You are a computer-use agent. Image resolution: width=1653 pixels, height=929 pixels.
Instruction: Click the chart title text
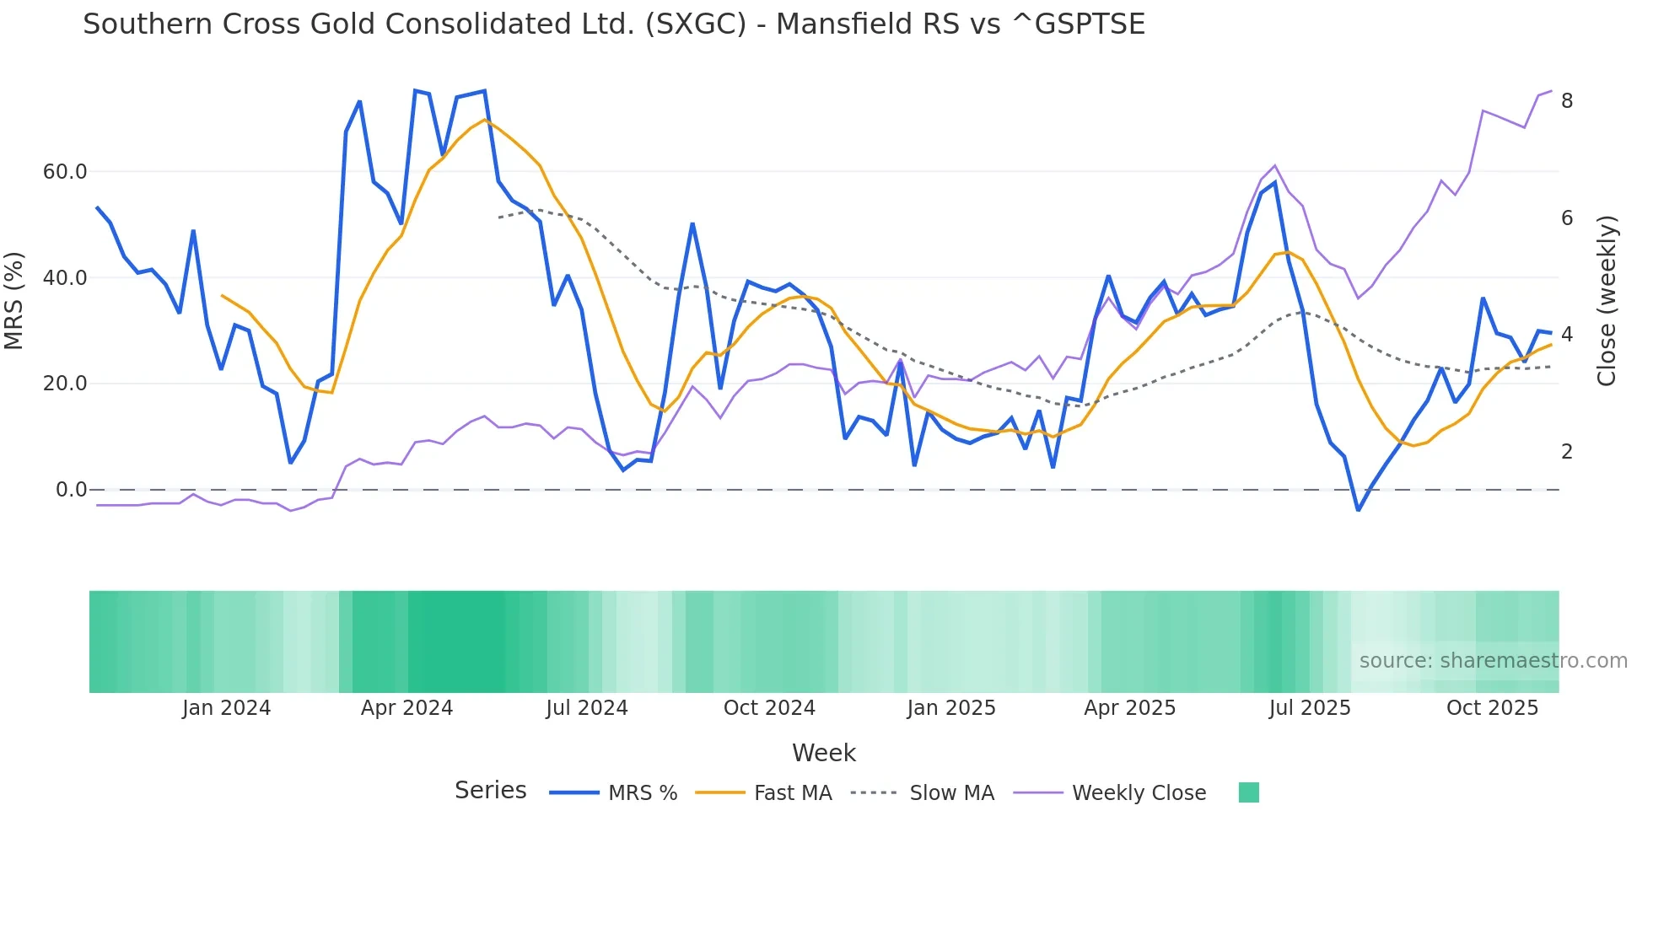613,24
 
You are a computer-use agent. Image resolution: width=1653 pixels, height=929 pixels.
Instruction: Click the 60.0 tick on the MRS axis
65,172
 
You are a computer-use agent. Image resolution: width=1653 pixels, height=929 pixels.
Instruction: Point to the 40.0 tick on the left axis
65,278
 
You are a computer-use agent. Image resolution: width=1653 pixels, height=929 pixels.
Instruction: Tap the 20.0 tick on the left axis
65,384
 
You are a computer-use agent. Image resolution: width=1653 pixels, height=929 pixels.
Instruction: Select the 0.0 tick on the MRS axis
71,490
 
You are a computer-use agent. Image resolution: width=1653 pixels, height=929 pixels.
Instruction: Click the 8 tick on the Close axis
1567,101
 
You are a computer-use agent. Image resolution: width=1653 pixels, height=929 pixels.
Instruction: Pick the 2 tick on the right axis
1567,452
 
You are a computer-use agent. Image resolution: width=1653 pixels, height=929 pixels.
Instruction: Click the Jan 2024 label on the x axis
226,708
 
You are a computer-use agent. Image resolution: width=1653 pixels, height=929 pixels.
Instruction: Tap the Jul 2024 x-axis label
586,708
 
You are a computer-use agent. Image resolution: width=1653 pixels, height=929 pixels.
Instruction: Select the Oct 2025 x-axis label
1492,708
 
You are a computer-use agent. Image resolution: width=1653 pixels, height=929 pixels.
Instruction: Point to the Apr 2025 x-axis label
1129,708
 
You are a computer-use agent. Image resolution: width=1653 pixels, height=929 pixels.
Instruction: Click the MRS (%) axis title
14,301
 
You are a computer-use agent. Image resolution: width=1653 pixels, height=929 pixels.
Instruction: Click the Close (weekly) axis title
1607,301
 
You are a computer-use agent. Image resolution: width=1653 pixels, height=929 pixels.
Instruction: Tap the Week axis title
823,753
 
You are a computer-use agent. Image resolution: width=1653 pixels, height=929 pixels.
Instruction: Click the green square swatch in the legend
1248,792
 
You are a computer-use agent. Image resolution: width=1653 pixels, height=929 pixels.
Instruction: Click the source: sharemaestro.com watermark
1493,661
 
